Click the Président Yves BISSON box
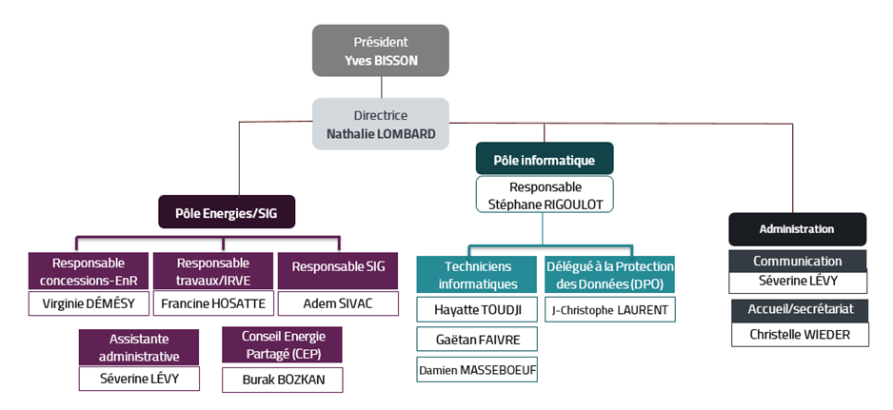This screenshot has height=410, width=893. click(x=381, y=50)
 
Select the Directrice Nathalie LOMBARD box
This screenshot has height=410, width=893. click(x=381, y=124)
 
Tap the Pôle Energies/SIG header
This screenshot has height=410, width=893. click(x=227, y=212)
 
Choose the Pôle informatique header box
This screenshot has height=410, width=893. click(x=545, y=159)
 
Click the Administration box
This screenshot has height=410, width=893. click(x=798, y=229)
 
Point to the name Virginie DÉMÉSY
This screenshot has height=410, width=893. click(x=89, y=303)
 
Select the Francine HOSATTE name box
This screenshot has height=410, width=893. click(x=213, y=303)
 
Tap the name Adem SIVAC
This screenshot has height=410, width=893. click(x=338, y=303)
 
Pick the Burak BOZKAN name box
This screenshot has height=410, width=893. click(x=283, y=380)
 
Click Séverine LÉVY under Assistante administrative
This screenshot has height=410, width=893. click(x=139, y=379)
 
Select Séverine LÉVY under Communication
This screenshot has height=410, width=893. click(x=798, y=282)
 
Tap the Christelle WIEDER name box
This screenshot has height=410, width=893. click(x=800, y=334)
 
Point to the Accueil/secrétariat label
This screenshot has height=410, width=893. click(x=800, y=310)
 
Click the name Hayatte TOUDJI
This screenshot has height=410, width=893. click(x=477, y=310)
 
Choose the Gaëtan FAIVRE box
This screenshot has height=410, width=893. click(x=477, y=339)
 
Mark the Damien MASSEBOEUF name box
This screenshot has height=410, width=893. click(x=477, y=369)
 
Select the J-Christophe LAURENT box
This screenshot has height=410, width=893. click(x=610, y=310)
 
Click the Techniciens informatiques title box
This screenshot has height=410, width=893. click(x=477, y=275)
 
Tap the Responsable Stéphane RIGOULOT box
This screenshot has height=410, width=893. click(x=545, y=195)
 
